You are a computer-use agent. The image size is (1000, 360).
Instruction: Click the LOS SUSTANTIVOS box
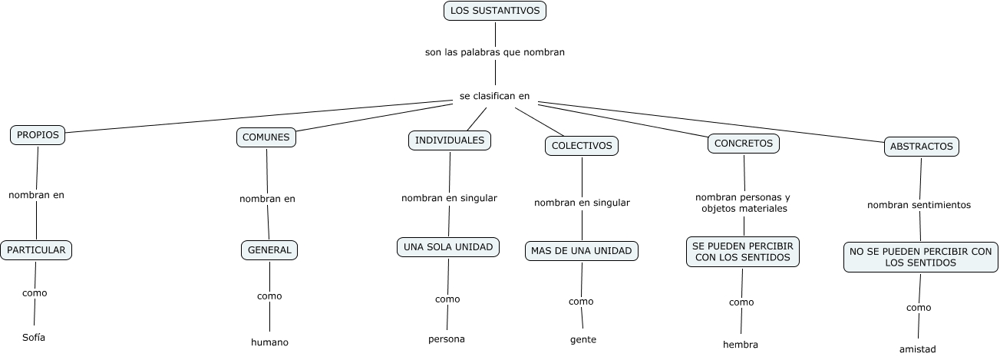[495, 11]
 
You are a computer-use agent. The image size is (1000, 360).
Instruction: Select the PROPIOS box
[38, 135]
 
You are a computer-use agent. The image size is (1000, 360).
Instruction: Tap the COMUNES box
[266, 137]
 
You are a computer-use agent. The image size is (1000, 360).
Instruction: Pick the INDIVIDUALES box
[450, 140]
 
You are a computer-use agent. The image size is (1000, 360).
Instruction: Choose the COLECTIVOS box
[582, 145]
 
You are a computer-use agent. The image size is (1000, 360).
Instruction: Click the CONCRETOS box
[743, 143]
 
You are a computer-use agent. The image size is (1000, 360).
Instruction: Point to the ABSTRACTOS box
[922, 146]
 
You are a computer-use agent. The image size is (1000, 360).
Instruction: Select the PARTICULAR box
[36, 249]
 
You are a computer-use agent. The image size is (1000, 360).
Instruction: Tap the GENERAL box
[269, 249]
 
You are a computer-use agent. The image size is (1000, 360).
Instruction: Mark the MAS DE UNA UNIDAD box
[582, 251]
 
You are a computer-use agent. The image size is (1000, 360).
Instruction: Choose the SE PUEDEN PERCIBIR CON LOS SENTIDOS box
[743, 252]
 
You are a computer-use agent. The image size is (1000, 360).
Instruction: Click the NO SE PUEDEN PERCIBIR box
[921, 257]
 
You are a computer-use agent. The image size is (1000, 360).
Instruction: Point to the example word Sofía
[34, 337]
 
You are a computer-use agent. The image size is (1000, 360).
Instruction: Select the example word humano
[269, 342]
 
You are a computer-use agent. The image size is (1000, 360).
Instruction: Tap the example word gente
[583, 339]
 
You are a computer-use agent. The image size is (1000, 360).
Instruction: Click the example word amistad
[918, 349]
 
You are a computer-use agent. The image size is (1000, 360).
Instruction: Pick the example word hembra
[741, 345]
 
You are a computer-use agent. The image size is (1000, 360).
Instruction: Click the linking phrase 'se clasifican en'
[494, 96]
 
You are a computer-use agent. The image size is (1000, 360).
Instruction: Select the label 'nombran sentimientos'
[919, 205]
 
